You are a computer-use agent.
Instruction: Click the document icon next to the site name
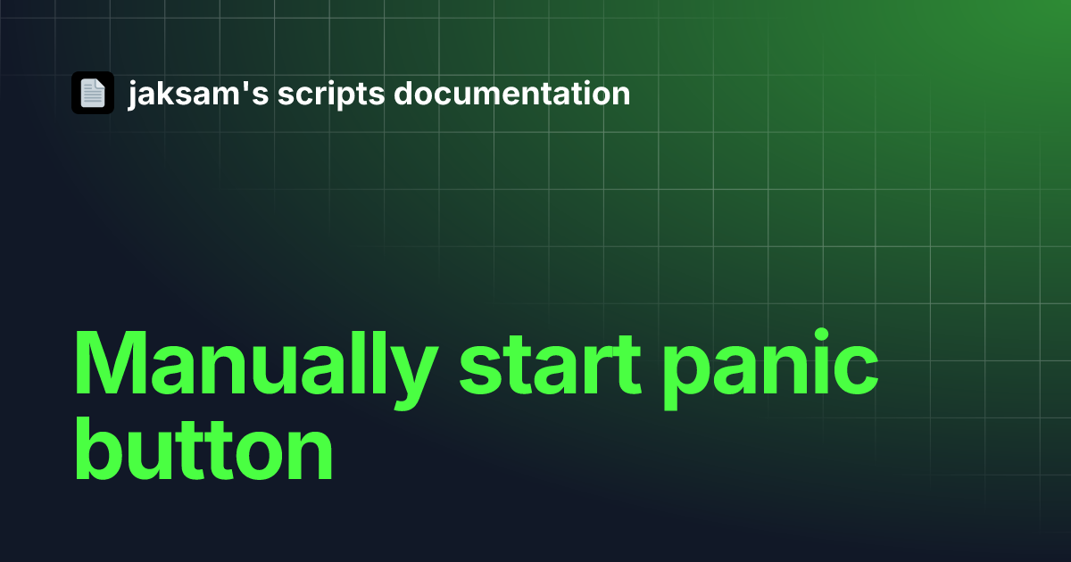point(93,93)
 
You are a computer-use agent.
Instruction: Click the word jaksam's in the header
point(198,95)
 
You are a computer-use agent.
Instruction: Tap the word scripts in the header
point(331,95)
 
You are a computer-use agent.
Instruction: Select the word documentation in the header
point(511,93)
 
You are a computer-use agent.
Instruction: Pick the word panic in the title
point(771,368)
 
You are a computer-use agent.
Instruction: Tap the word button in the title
point(203,448)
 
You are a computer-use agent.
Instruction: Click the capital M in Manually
point(111,362)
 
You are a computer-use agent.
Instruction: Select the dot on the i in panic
point(821,335)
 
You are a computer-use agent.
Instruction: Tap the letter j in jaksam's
point(133,95)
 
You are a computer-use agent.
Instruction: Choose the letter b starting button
point(98,448)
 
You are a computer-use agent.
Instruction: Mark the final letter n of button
point(310,454)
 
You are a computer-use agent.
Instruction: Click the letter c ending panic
point(857,371)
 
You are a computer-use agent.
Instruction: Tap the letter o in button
point(259,455)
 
